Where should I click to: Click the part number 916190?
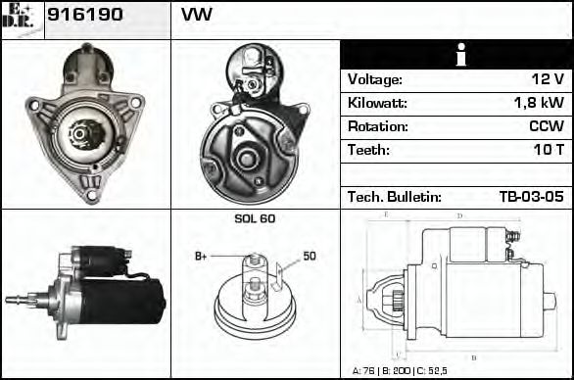[85, 15]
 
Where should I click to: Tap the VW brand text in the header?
[197, 15]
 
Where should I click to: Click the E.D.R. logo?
[19, 18]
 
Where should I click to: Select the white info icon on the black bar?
[461, 55]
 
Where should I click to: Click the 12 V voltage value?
[548, 78]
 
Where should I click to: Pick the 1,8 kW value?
[539, 102]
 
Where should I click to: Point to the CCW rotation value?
[547, 126]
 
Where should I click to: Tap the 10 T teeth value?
[549, 150]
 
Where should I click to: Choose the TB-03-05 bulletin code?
[531, 197]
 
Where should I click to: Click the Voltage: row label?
[375, 79]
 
